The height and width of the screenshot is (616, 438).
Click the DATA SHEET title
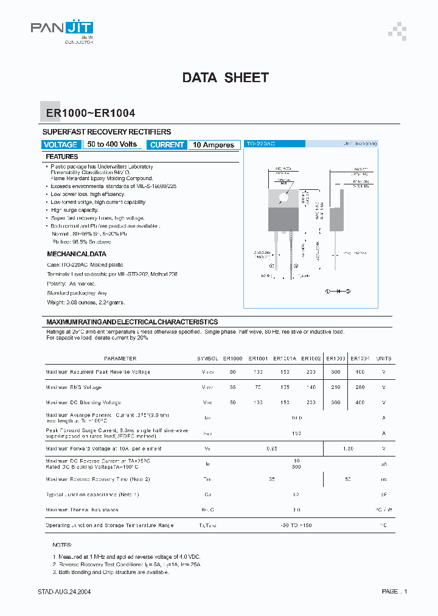tap(225, 78)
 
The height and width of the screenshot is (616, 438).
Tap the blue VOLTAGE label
tap(61, 145)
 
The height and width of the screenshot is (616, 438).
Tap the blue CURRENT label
tap(167, 145)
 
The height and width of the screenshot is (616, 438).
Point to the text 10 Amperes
tap(214, 145)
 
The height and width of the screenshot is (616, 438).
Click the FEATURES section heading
tap(62, 157)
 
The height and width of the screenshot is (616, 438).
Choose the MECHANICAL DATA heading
tap(77, 254)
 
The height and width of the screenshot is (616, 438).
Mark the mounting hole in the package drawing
tap(283, 197)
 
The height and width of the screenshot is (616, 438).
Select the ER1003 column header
tap(335, 359)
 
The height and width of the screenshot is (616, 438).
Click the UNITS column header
tap(384, 359)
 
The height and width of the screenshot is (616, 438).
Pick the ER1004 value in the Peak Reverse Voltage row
tap(360, 372)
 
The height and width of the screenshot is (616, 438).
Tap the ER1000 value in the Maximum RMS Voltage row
tap(232, 387)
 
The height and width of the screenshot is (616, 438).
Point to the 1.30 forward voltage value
tap(348, 449)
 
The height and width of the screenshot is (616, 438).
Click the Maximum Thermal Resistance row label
tap(82, 510)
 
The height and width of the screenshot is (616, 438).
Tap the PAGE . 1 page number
tap(394, 592)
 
